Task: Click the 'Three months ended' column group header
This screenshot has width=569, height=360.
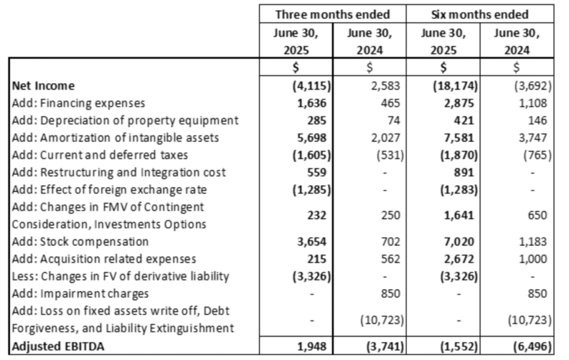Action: [x=332, y=14]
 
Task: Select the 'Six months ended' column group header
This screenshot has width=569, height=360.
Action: [x=480, y=14]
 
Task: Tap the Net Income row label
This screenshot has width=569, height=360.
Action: [x=43, y=86]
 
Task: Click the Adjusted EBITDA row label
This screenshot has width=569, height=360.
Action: [x=58, y=346]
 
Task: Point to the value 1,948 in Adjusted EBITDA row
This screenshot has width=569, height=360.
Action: [x=312, y=347]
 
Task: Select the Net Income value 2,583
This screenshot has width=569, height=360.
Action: [x=386, y=86]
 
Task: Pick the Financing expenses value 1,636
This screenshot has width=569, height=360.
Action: [x=312, y=103]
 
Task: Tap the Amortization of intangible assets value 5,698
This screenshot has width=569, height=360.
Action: [x=312, y=138]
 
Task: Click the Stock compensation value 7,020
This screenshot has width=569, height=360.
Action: [x=459, y=242]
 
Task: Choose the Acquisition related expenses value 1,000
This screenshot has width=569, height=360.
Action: [x=533, y=259]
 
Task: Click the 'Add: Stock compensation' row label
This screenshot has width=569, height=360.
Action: [x=80, y=242]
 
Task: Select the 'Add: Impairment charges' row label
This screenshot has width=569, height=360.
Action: [x=80, y=293]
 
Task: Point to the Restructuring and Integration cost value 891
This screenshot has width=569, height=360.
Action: [x=464, y=173]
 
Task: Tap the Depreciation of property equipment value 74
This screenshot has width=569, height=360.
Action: [x=393, y=121]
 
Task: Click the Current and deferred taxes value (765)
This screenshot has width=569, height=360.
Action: [x=537, y=156]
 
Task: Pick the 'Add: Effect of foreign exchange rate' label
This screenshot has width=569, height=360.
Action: [x=109, y=190]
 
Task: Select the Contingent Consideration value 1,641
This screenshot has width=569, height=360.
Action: [x=459, y=216]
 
